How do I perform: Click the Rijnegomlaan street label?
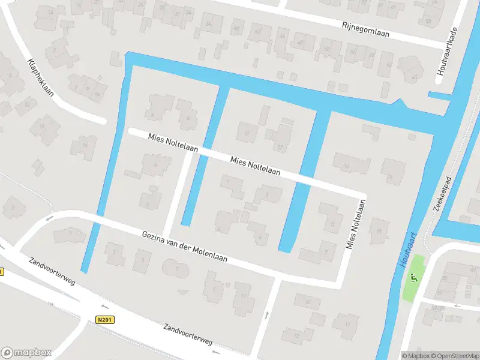365,30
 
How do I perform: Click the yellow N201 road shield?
104,321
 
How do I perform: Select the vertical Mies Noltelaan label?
356,224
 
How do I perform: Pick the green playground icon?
413,278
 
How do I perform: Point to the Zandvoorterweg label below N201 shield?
188,334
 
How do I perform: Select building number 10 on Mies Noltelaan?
246,133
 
